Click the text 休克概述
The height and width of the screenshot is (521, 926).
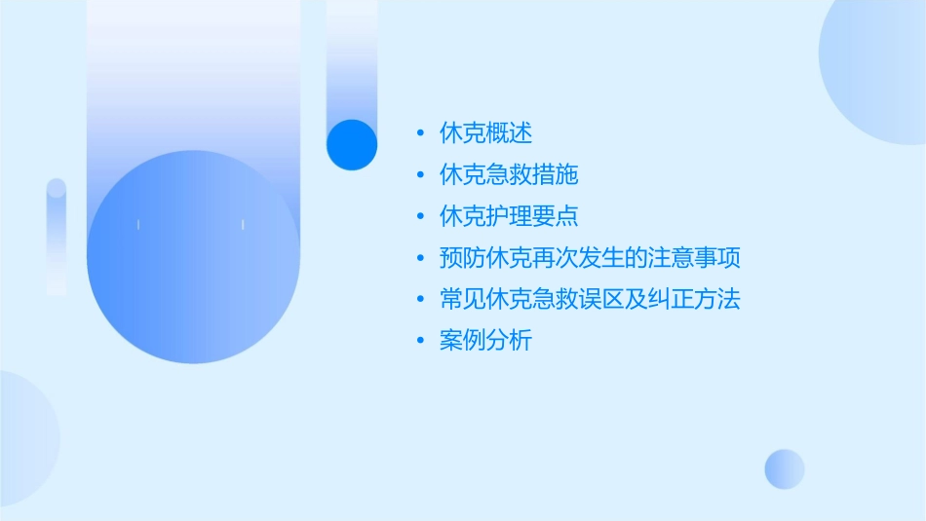pyautogui.click(x=485, y=133)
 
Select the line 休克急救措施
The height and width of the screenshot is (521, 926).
pyautogui.click(x=509, y=175)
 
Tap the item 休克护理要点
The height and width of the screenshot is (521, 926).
pyautogui.click(x=509, y=216)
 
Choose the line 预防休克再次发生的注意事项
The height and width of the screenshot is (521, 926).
pyautogui.click(x=590, y=258)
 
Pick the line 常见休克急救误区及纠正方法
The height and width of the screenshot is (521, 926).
pyautogui.click(x=590, y=299)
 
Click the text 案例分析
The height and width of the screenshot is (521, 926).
pyautogui.click(x=485, y=341)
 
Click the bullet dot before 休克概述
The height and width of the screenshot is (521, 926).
pyautogui.click(x=420, y=134)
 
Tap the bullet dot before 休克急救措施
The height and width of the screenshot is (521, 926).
pyautogui.click(x=420, y=175)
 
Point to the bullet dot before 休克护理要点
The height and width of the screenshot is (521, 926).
pyautogui.click(x=420, y=217)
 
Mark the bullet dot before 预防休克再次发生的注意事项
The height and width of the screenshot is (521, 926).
pyautogui.click(x=420, y=258)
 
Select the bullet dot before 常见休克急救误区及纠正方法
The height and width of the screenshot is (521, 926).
pyautogui.click(x=420, y=300)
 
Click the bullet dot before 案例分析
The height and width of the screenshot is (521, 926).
pyautogui.click(x=420, y=341)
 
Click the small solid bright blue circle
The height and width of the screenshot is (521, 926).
pyautogui.click(x=352, y=144)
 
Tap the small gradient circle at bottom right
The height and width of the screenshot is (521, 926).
pyautogui.click(x=785, y=468)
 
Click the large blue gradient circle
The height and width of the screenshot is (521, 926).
pyautogui.click(x=193, y=256)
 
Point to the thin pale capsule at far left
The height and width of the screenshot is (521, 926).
pyautogui.click(x=57, y=236)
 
